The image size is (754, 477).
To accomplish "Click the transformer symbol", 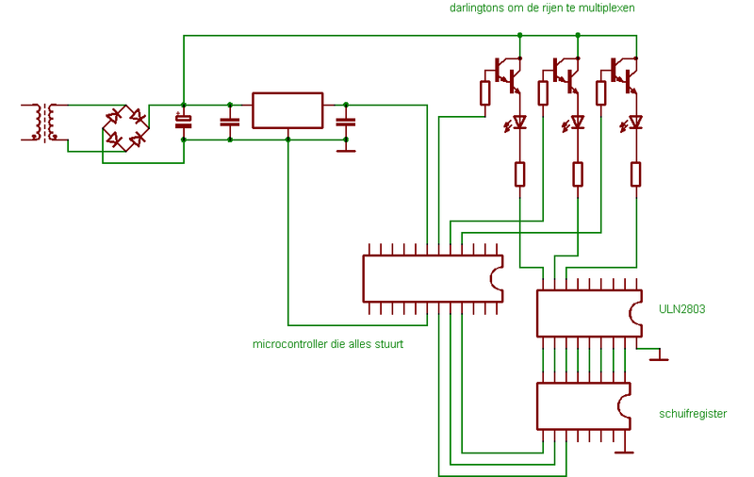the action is point(45,123).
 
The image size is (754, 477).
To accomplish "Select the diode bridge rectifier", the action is point(125,128).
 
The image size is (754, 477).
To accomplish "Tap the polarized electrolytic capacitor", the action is point(183,122).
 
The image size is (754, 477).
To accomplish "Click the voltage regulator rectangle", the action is point(287,110).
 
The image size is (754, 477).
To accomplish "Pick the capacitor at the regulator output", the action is point(346,123).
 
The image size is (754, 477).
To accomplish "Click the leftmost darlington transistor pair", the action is point(508,75).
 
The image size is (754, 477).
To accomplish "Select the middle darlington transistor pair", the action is point(566,75).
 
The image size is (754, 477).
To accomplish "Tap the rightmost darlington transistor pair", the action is point(624,75).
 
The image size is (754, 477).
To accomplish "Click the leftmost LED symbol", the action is point(515,123).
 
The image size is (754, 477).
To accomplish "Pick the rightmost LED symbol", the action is point(631,123).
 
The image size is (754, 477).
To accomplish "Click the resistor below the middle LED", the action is point(578,174).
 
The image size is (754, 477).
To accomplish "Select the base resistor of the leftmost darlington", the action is point(484,92).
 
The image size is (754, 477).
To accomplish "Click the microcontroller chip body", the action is point(433,279).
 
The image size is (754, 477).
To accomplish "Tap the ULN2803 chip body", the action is point(589,313).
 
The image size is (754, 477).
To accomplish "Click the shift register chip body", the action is point(583,406).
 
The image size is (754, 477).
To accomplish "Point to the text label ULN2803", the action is point(681,309).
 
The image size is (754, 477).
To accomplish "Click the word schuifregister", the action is point(693,414).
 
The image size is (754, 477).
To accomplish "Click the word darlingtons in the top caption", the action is point(477,8).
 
